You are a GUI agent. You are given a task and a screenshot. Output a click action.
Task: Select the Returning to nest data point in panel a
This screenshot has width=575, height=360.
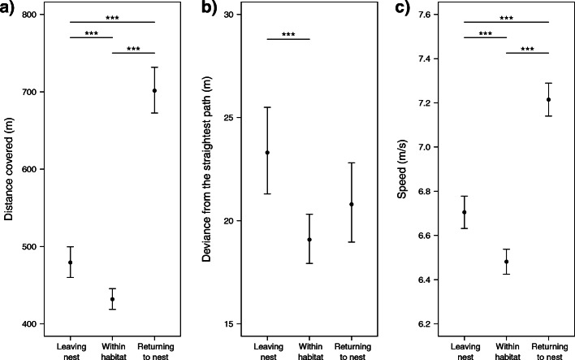[x=154, y=90]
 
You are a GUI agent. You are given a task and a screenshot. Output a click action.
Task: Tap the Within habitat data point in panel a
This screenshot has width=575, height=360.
[x=112, y=299]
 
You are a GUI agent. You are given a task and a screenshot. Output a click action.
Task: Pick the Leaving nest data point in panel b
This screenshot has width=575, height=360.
[x=267, y=153]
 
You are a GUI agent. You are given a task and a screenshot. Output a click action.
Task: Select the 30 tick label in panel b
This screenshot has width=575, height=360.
[x=228, y=15]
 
